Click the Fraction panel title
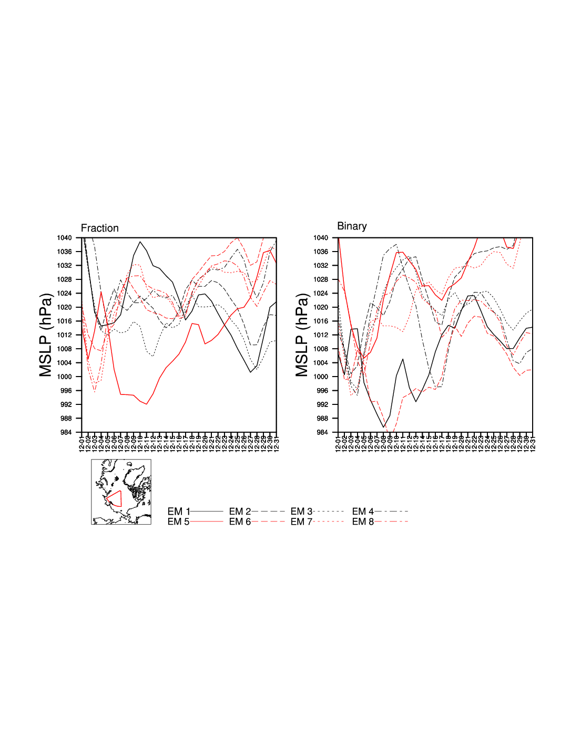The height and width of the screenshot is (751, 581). tap(99, 228)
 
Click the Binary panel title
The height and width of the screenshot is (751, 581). tap(352, 226)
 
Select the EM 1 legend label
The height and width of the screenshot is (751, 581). tap(178, 511)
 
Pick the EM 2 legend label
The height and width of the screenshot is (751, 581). tap(240, 511)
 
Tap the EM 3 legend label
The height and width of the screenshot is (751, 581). tap(301, 511)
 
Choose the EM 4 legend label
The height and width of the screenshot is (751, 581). tap(363, 511)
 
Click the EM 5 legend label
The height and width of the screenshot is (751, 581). tap(178, 521)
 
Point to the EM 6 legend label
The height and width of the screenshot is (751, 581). tap(240, 521)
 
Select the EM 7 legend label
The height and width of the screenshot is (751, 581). tap(301, 521)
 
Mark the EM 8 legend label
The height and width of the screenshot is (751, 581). tap(363, 521)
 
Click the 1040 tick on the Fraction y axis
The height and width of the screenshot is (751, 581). tap(64, 238)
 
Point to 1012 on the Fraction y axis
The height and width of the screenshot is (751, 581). tap(64, 335)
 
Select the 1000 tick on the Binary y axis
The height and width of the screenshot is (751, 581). tap(321, 377)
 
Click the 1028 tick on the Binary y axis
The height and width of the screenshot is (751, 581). tap(321, 279)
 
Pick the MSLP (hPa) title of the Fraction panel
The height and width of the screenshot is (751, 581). tap(46, 335)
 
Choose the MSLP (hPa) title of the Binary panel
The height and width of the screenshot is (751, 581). tap(302, 335)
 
